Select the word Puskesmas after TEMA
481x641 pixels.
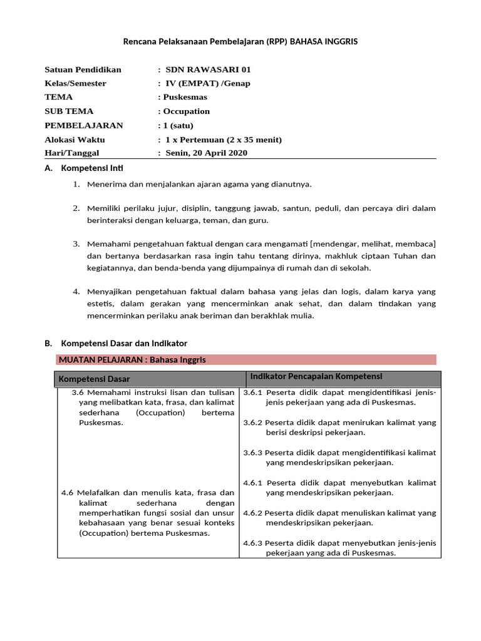coord(185,97)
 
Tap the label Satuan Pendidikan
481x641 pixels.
coord(83,69)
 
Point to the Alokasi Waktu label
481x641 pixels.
coord(75,139)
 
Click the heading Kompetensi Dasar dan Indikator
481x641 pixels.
coord(123,343)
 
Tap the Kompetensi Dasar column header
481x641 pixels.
coord(95,379)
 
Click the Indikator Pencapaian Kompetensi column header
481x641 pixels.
coord(316,376)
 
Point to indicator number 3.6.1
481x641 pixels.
coord(254,392)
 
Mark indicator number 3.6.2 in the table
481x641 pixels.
coord(254,423)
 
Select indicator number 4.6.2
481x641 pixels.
coord(254,513)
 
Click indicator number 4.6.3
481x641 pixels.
coord(254,543)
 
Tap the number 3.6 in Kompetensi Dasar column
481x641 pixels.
coord(78,392)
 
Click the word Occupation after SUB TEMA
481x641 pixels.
coord(187,111)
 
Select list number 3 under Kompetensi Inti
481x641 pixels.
coord(76,243)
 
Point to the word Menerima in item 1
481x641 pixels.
coord(106,184)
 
